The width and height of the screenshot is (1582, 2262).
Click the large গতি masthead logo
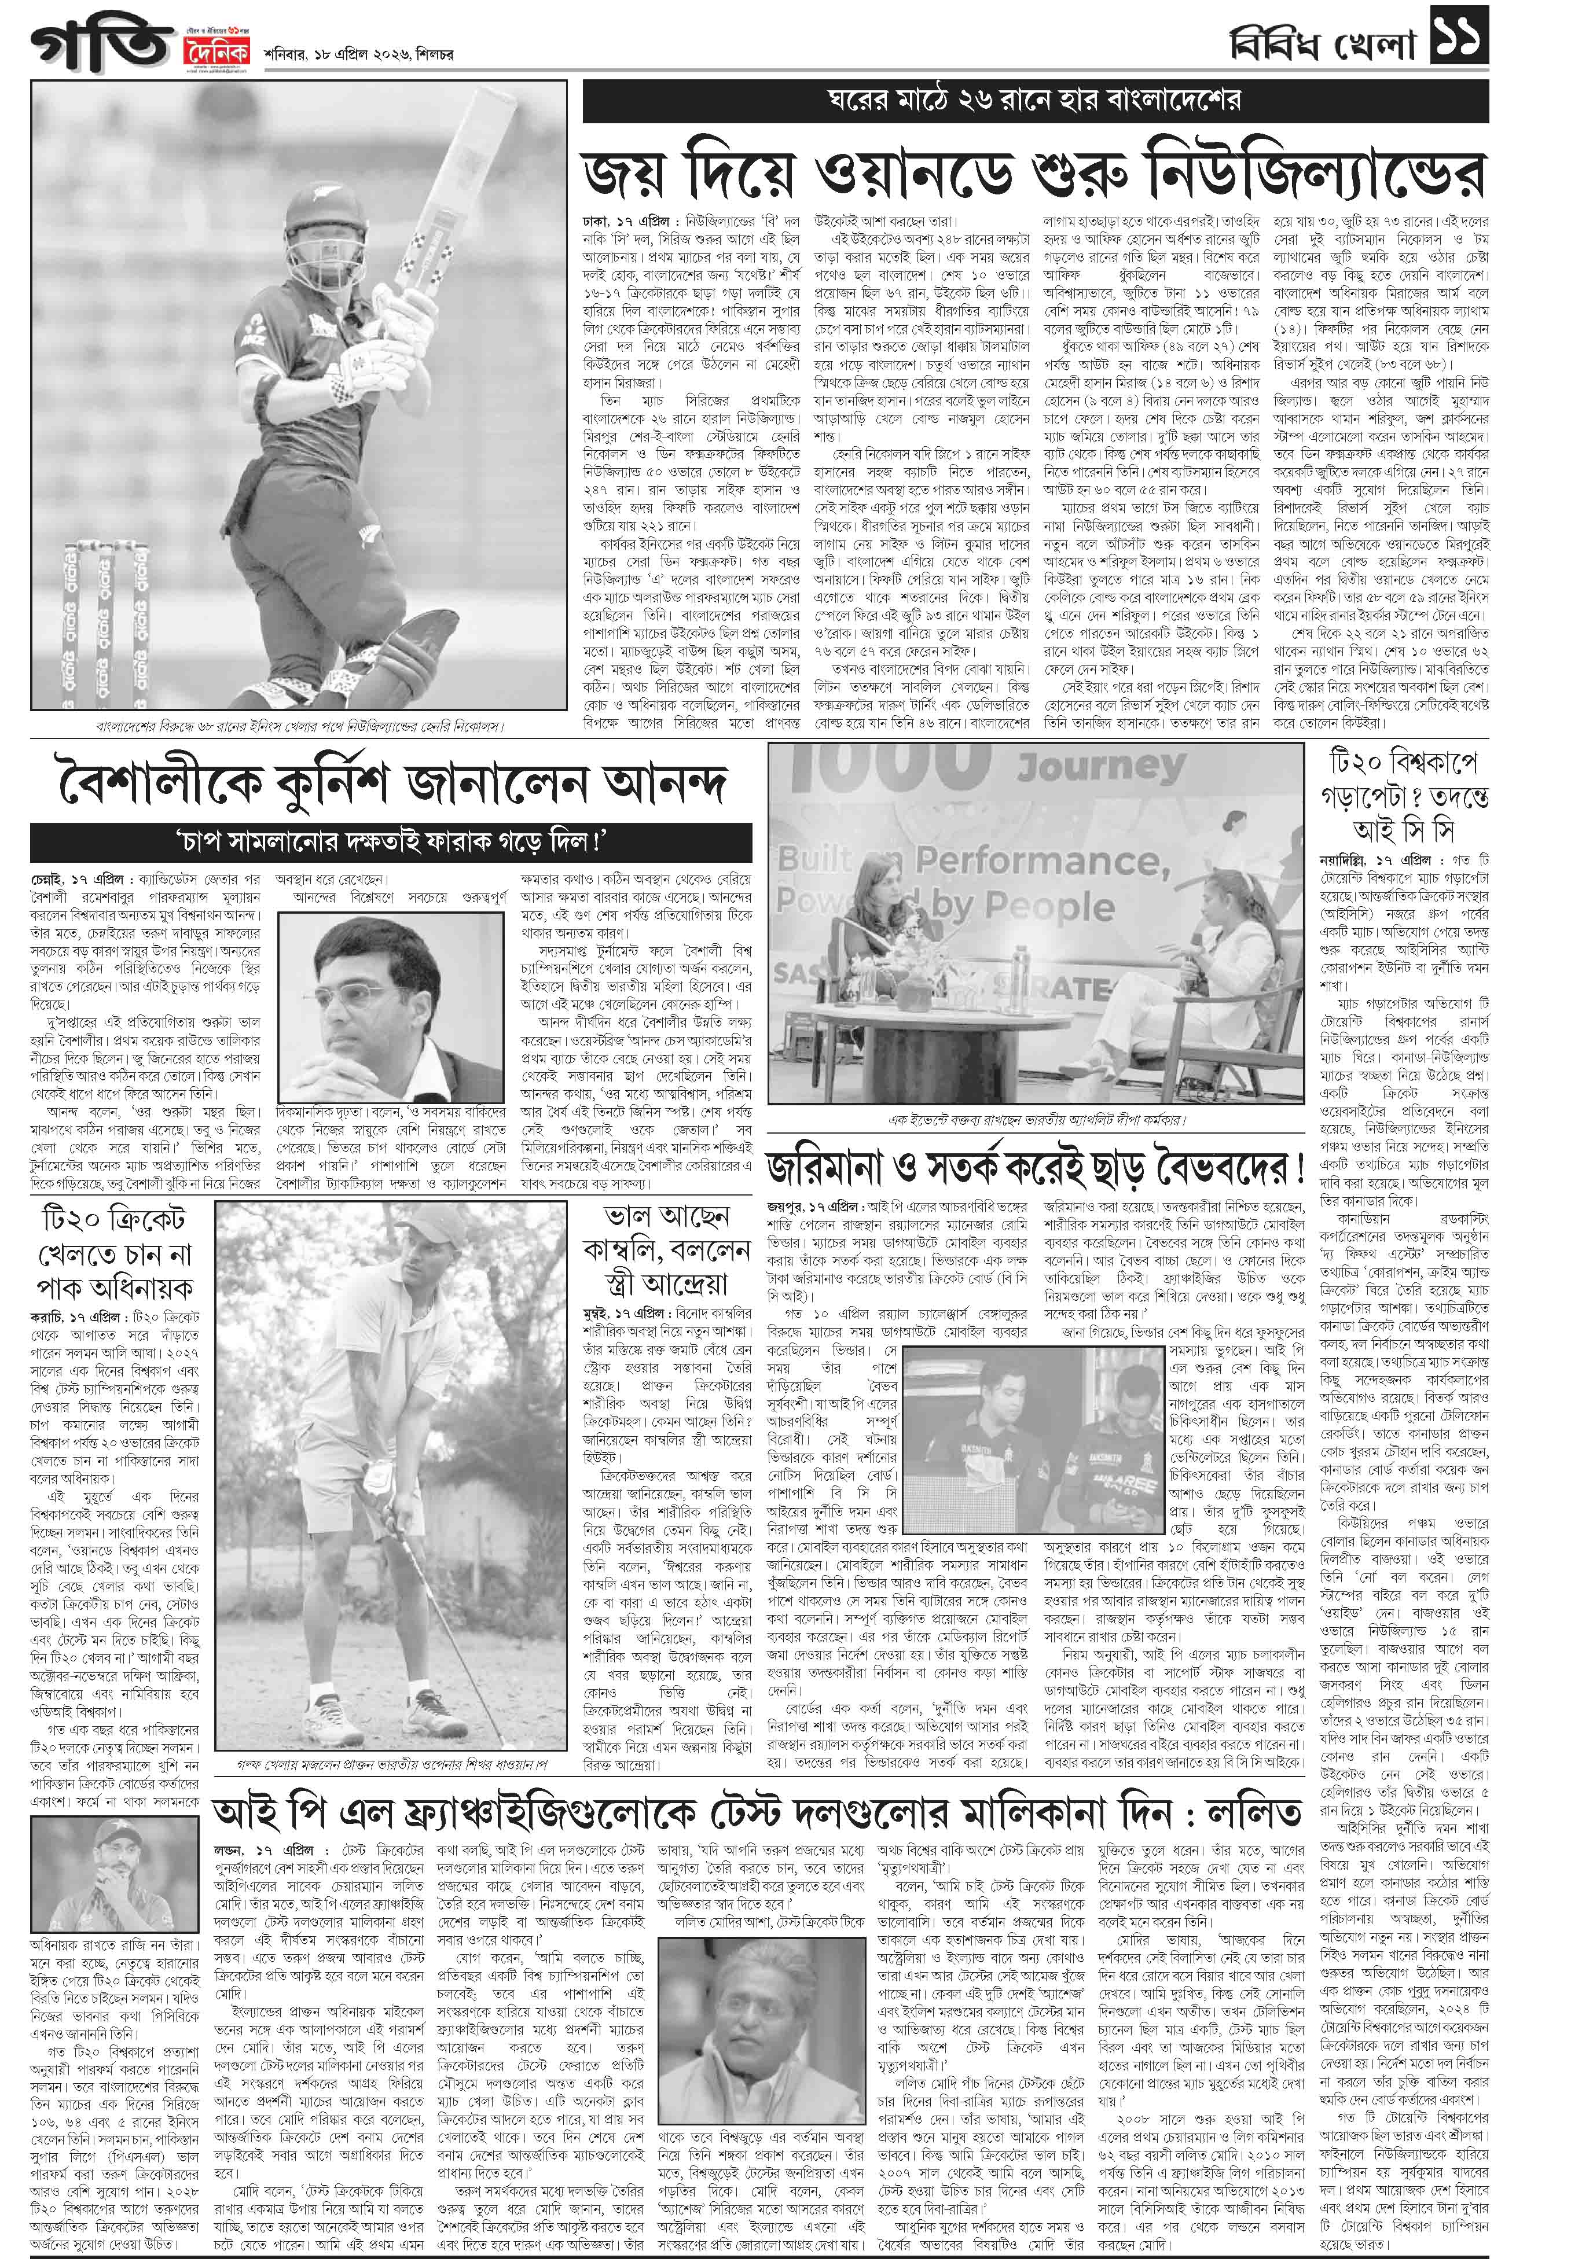[98, 45]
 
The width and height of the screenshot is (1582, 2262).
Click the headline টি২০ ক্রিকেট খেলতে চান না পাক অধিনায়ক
[116, 1253]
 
